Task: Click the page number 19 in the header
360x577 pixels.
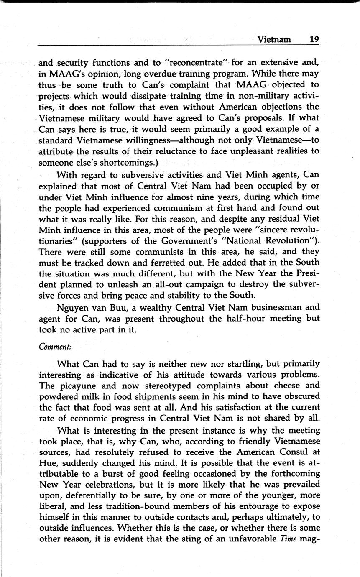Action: (314, 40)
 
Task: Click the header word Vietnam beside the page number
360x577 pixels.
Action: (274, 40)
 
